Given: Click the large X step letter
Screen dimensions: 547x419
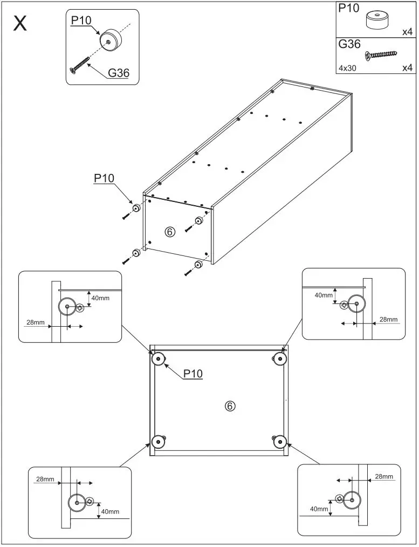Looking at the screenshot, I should pos(20,24).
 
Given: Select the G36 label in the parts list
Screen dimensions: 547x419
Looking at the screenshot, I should pos(349,45).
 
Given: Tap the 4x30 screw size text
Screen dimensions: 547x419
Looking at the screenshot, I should pos(348,68).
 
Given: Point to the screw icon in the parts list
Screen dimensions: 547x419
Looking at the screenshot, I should pos(381,54).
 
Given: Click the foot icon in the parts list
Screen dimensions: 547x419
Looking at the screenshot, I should pos(378,20).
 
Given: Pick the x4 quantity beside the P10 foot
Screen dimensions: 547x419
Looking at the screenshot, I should pos(407,32).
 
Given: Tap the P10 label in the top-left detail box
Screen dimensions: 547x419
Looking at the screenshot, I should pos(81,21).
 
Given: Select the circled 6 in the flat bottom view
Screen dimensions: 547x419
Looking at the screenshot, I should pos(230,406).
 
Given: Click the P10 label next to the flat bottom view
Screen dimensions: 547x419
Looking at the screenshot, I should pos(193,374).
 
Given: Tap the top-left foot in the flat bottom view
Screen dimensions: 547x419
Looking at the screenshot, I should pos(158,359).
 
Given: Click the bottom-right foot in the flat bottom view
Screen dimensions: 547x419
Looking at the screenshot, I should pos(279,442).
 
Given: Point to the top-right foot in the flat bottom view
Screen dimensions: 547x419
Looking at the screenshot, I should pos(279,358).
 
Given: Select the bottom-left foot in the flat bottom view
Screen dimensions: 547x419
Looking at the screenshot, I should pos(158,442).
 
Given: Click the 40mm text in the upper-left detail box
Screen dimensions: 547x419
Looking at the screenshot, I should pos(101,298).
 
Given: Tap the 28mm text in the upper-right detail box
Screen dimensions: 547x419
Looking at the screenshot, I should pos(388,319).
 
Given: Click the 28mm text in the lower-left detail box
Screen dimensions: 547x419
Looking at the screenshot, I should pos(45,479).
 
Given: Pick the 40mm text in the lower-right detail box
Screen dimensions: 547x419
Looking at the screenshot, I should pos(319,509).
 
